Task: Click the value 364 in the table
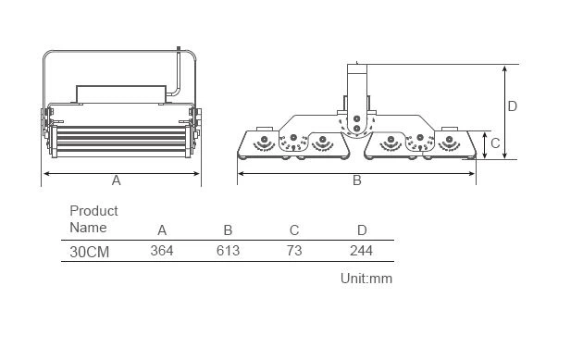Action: (162, 251)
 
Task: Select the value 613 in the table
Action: (228, 251)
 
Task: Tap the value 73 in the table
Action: (294, 251)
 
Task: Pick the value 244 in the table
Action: (361, 251)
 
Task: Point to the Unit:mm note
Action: (366, 278)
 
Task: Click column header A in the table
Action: (162, 230)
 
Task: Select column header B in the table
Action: (228, 230)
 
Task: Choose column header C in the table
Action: (294, 230)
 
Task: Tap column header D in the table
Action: (362, 230)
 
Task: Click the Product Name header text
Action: (93, 219)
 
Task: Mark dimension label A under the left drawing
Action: (117, 180)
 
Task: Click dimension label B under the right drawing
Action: (357, 180)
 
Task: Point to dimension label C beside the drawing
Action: (495, 143)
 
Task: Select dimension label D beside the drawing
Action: (512, 106)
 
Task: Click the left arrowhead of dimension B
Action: (241, 173)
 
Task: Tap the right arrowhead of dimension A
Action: (197, 173)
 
